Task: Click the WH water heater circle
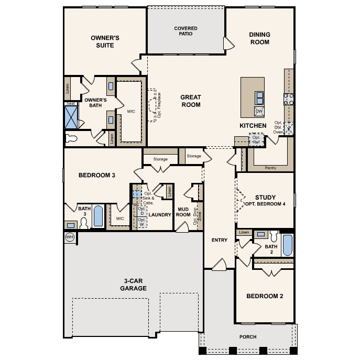pos(70,237)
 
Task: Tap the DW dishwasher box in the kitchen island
pos(259,111)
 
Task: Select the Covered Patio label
pos(186,31)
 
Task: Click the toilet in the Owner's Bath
pos(71,139)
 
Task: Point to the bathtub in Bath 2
pos(288,245)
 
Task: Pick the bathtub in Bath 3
pos(99,216)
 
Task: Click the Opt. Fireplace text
pos(159,105)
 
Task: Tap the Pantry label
pos(270,168)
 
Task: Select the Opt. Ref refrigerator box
pos(256,139)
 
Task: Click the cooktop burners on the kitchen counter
pos(289,99)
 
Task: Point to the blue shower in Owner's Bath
pos(71,117)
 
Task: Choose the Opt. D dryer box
pos(142,211)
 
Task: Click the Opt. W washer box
pos(142,222)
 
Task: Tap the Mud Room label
pos(183,212)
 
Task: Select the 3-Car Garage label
pos(134,285)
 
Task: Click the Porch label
pos(248,337)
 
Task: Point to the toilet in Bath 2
pos(274,236)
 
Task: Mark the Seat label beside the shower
pos(71,104)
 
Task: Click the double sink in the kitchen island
pos(259,98)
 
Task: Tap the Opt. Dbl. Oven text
pos(278,127)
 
